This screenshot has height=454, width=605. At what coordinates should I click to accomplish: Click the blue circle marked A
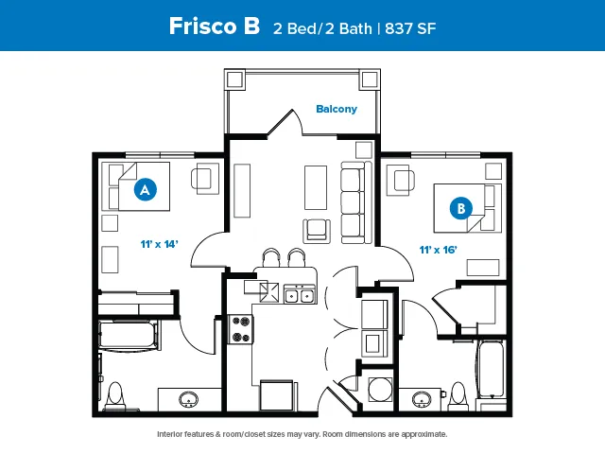point(145,189)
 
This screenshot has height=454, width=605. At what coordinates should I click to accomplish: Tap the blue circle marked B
point(461,208)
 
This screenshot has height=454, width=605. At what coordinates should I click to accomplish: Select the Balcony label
point(337,109)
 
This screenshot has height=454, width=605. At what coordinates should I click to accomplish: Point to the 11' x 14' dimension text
point(159,244)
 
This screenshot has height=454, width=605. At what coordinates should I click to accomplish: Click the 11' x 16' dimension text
point(438,250)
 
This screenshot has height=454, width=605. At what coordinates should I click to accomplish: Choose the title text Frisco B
point(215,26)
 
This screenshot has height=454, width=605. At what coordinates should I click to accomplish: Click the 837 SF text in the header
point(410,28)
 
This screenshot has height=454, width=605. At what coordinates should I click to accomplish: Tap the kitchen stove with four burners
point(240,329)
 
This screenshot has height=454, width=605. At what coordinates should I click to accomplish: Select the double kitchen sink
point(300,294)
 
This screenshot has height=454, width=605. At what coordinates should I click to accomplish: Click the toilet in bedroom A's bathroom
point(115,395)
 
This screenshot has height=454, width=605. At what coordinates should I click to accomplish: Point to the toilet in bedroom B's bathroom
point(458,394)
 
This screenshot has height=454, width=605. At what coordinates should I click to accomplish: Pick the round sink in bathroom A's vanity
point(189,399)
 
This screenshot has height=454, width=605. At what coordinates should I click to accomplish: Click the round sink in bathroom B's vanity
point(422,399)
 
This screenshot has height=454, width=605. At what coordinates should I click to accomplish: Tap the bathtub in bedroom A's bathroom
point(129,335)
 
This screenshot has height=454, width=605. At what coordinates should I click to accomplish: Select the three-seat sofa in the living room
point(356,202)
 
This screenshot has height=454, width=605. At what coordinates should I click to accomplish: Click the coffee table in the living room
point(316,187)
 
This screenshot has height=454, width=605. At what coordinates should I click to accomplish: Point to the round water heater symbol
point(380,389)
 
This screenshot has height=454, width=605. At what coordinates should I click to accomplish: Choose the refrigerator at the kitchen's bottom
point(277,395)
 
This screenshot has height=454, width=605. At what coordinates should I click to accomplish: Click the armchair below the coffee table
point(317,231)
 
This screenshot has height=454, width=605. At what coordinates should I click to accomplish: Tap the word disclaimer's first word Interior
point(170,434)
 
